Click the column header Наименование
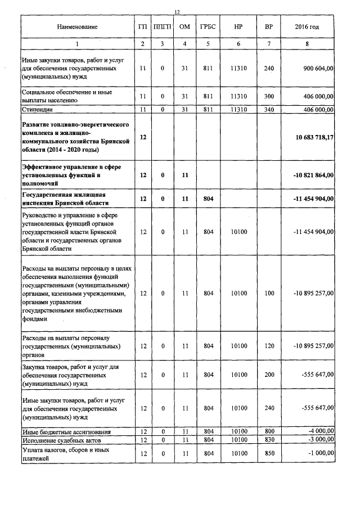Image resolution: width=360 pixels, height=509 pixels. (x=77, y=27)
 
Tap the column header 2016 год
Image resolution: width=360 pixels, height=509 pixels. (x=307, y=27)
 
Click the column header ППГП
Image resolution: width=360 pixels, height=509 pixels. (x=162, y=27)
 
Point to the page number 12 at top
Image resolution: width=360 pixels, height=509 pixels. (x=177, y=12)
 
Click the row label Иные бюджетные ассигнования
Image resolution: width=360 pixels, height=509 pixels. (x=58, y=432)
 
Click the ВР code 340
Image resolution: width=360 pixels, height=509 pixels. (x=268, y=109)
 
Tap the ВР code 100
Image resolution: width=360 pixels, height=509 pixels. (x=268, y=293)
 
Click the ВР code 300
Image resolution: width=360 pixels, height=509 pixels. (x=268, y=96)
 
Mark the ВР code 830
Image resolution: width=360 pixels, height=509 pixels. (x=268, y=440)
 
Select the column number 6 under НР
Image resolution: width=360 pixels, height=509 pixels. (x=238, y=44)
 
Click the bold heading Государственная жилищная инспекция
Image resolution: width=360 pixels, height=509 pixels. (x=65, y=199)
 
